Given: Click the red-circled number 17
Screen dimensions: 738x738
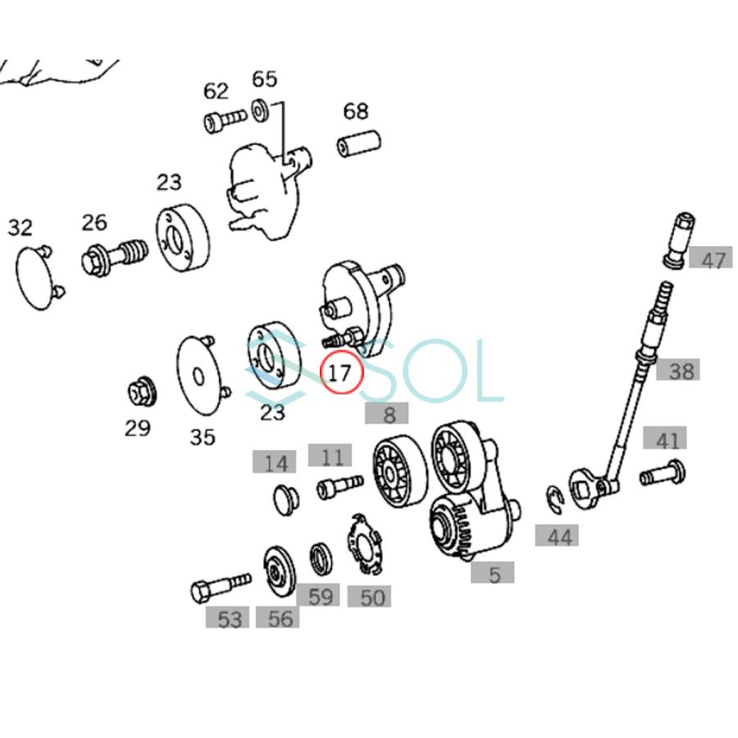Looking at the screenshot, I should (340, 373).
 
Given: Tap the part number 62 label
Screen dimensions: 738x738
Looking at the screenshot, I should (216, 89).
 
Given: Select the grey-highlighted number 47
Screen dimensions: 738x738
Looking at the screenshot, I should (712, 260).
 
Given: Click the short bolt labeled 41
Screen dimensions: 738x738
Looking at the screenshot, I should (662, 473).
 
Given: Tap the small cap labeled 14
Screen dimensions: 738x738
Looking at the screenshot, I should (284, 497).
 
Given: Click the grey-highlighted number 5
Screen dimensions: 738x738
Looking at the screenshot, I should (494, 573).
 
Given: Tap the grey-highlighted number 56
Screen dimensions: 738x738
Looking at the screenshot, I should (279, 617).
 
